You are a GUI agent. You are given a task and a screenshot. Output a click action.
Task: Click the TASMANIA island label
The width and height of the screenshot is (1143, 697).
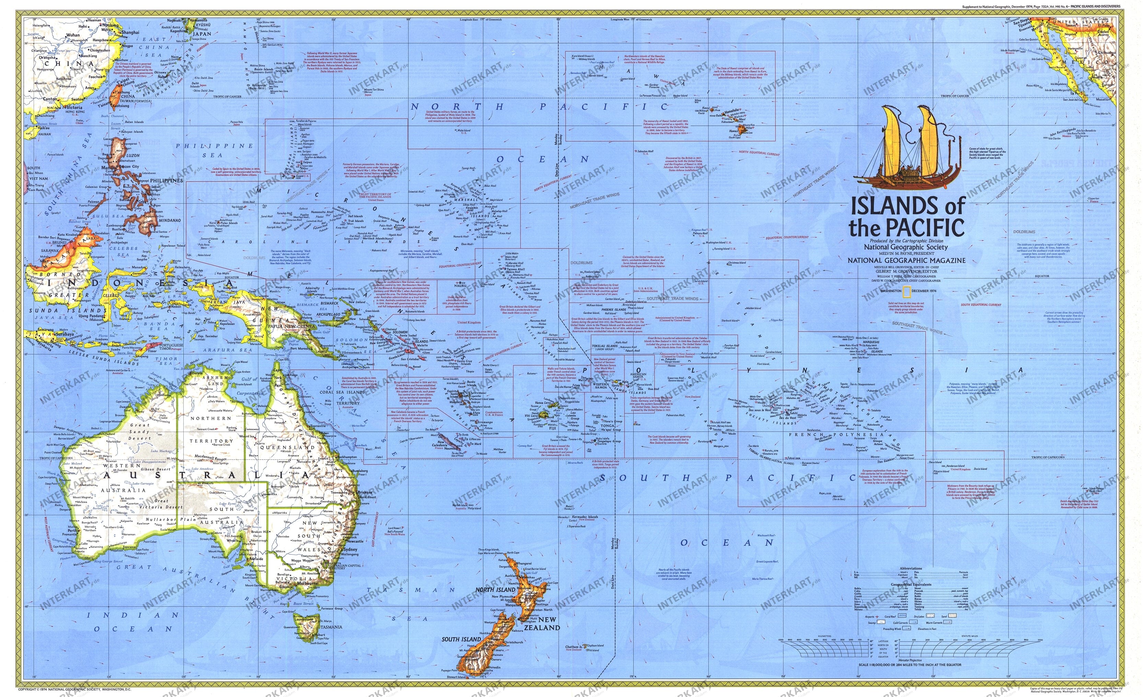point(328,627)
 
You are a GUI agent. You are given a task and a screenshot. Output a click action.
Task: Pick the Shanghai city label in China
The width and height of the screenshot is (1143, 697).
point(130,33)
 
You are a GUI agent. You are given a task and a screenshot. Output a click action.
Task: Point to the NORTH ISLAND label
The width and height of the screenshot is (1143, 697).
point(495,590)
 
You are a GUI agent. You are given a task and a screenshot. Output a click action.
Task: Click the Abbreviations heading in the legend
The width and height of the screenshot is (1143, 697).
point(911,569)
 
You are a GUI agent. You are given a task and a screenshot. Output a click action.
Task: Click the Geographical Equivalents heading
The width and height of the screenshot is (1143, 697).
point(911,585)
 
